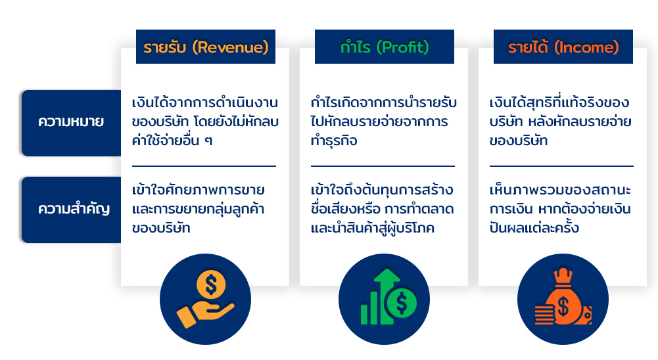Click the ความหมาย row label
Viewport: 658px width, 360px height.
pyautogui.click(x=71, y=122)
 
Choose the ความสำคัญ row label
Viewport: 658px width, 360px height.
pyautogui.click(x=74, y=208)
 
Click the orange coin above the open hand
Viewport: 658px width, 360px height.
pyautogui.click(x=211, y=285)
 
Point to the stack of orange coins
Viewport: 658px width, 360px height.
pyautogui.click(x=545, y=315)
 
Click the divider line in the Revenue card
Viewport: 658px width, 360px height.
pyautogui.click(x=204, y=166)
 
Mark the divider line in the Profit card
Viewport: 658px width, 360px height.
pyautogui.click(x=383, y=166)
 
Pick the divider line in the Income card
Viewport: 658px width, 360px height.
pyautogui.click(x=561, y=166)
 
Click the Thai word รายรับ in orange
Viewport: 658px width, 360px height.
pyautogui.click(x=164, y=47)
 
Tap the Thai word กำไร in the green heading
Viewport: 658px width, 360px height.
pyautogui.click(x=355, y=47)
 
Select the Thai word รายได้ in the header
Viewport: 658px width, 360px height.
pyautogui.click(x=528, y=47)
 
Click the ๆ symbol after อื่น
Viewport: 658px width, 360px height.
pyautogui.click(x=208, y=141)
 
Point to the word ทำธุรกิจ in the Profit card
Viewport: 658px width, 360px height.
pyautogui.click(x=334, y=140)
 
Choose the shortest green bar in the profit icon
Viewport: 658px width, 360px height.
pyautogui.click(x=364, y=314)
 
